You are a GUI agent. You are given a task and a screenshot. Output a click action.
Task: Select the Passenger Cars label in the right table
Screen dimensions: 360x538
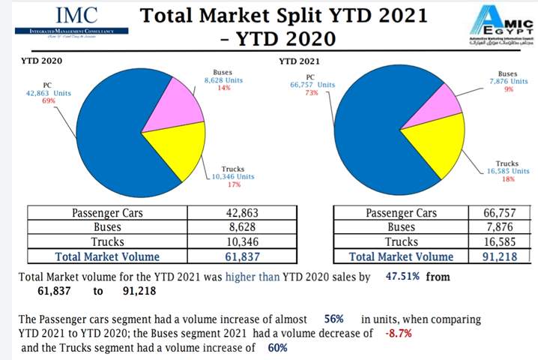(401, 213)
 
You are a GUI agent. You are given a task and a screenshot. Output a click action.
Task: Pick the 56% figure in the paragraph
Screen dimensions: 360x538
(334, 319)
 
